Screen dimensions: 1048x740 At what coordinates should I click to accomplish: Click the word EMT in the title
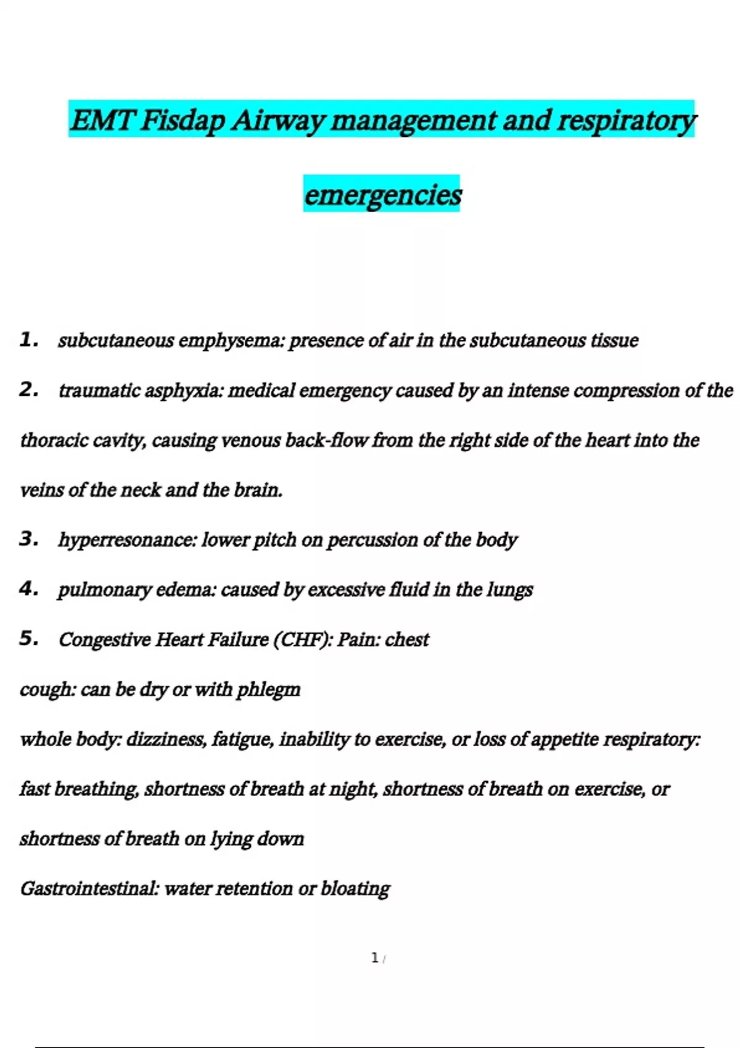click(102, 120)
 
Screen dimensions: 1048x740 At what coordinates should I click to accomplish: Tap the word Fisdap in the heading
click(183, 120)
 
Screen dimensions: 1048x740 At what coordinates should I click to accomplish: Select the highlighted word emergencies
click(382, 194)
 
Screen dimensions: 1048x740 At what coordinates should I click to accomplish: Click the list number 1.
click(28, 339)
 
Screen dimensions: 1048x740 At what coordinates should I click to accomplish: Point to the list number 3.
click(28, 539)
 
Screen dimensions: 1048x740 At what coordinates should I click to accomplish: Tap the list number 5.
click(28, 638)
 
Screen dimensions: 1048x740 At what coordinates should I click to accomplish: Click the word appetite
click(564, 739)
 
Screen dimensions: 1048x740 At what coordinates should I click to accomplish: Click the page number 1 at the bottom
click(374, 957)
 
